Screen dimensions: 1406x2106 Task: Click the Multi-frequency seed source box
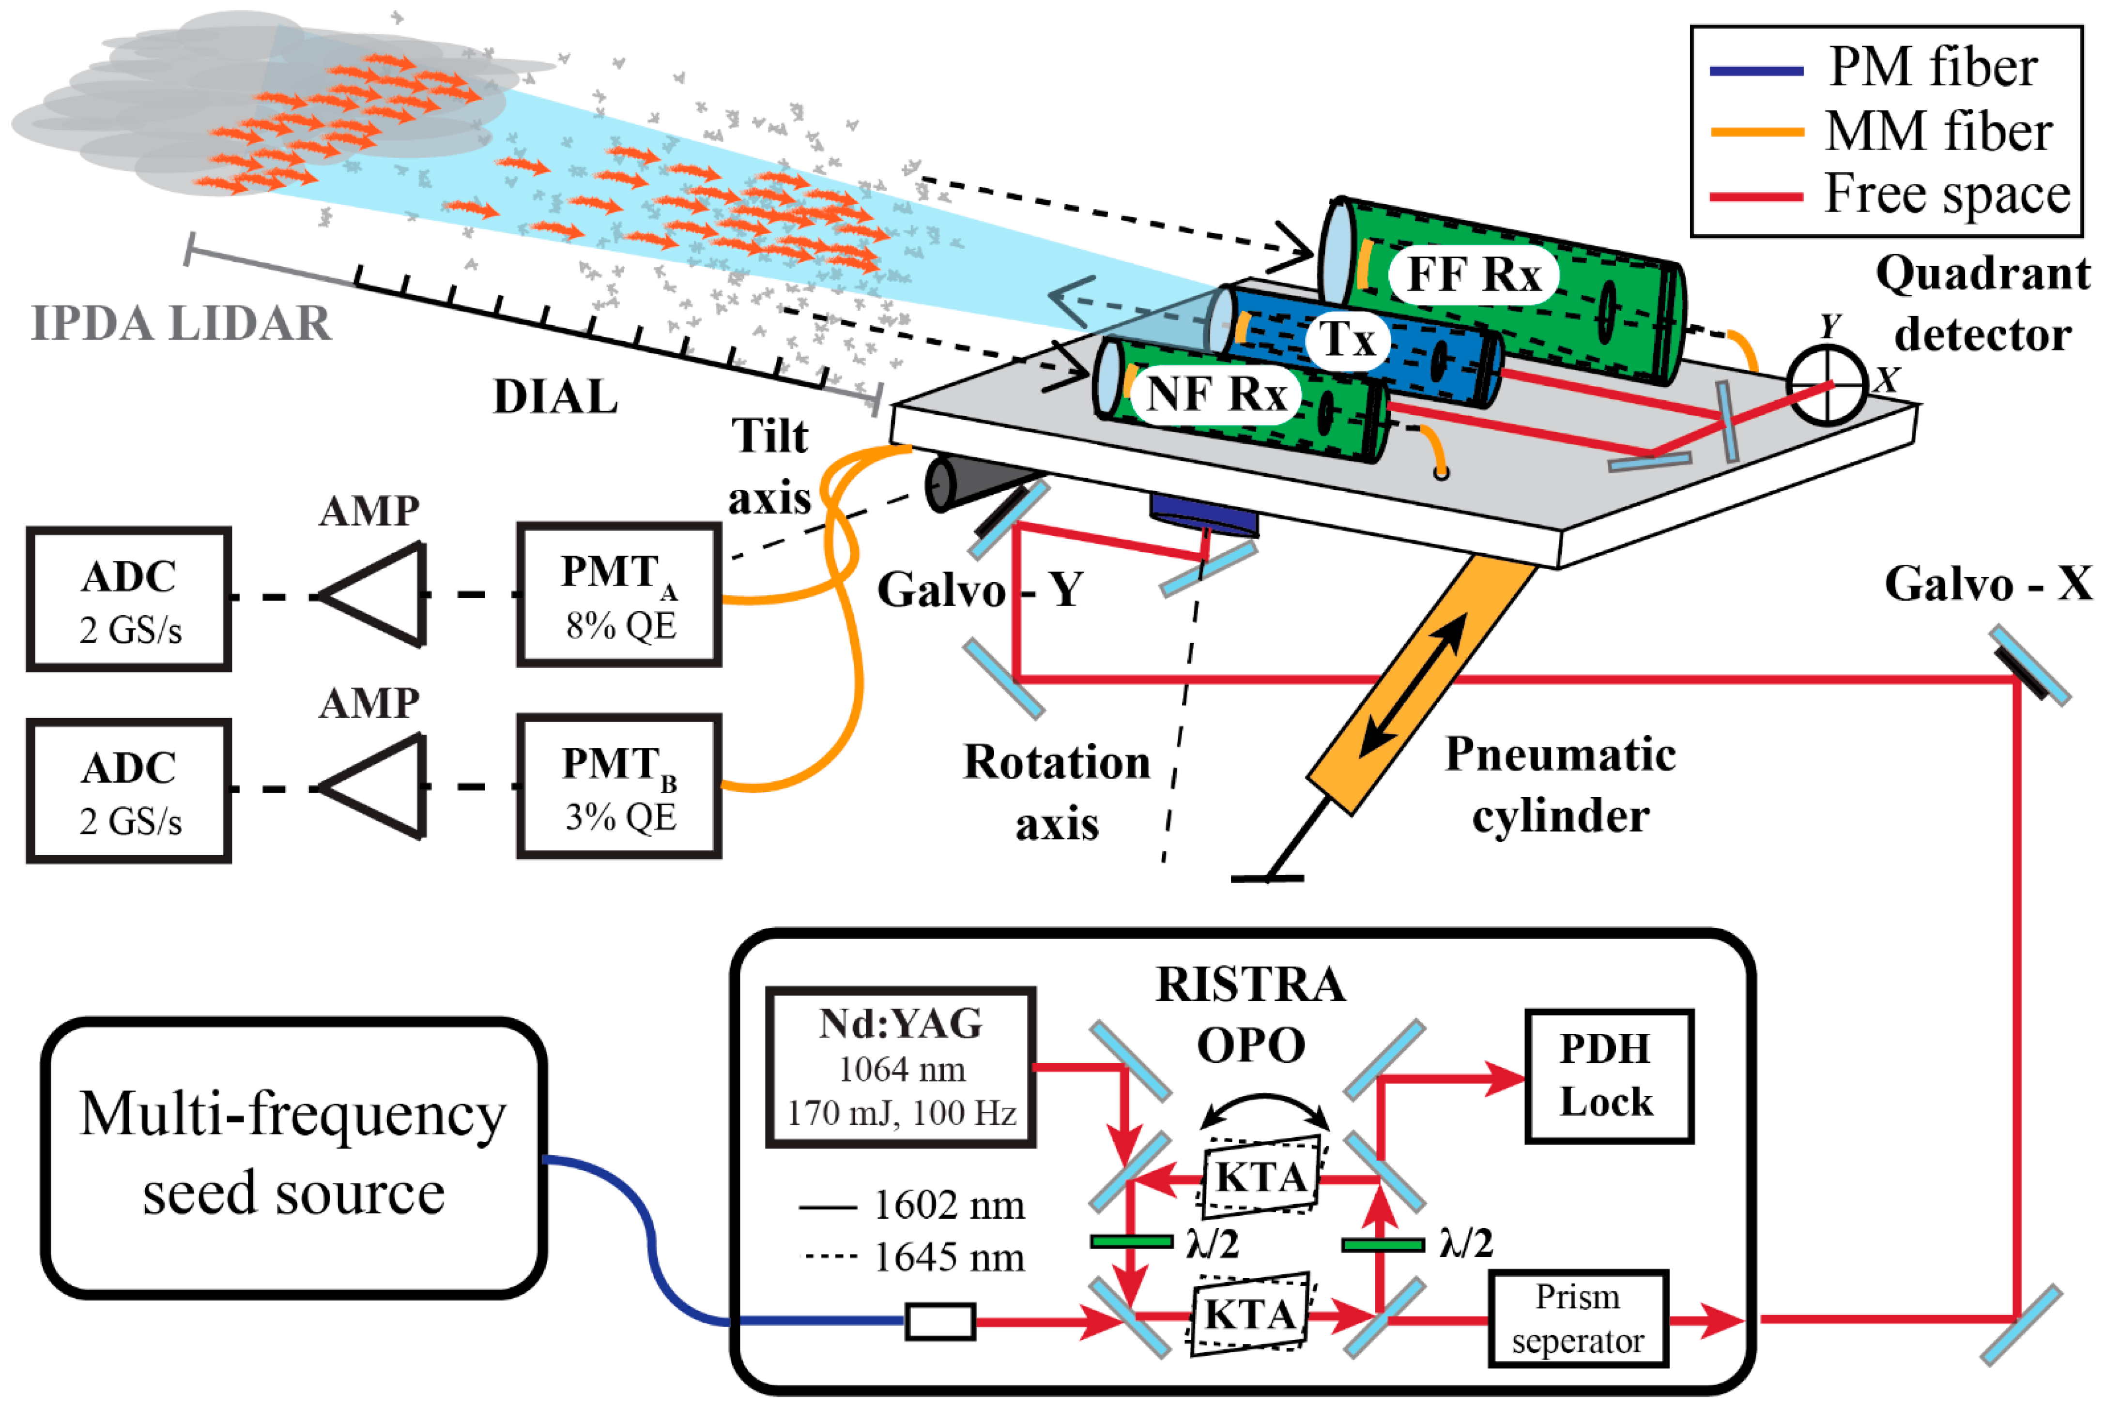pos(293,1157)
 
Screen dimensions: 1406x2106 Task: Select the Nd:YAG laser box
pos(901,1067)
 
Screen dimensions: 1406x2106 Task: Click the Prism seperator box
pos(1578,1318)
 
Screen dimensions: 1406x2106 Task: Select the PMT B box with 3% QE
pos(619,786)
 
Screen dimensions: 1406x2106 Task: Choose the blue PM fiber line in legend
pos(1756,71)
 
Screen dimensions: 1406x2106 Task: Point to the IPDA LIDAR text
pos(181,323)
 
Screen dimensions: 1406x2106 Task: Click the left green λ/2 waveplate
pos(1131,1242)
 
